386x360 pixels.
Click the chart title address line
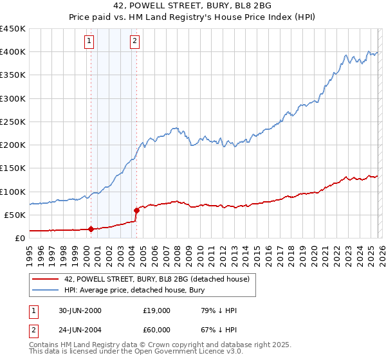pos(192,6)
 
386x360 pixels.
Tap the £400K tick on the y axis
pos(13,52)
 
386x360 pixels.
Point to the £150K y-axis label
pos(13,168)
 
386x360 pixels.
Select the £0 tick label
pos(19,239)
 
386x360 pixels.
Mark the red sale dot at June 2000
pos(91,229)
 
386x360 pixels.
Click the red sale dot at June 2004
pos(136,210)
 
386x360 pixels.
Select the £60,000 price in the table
pos(156,330)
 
